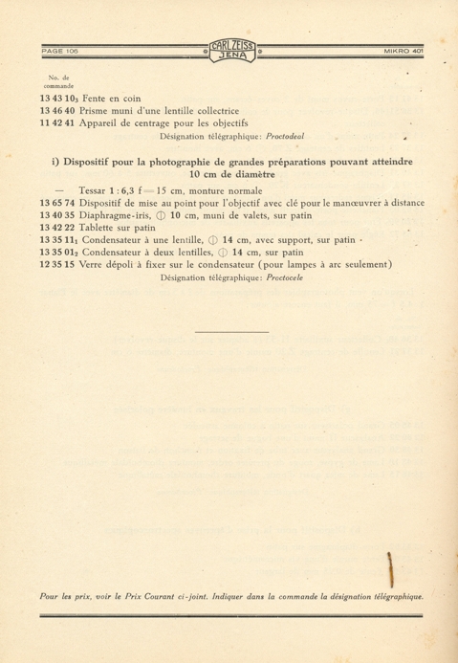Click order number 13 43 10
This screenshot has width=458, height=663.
click(60, 97)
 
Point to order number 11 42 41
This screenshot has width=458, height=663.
click(58, 123)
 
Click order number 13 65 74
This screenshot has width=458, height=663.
click(58, 204)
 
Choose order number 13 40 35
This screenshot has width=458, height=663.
click(58, 217)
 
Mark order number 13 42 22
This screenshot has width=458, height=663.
click(58, 231)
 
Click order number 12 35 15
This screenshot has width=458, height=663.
click(58, 264)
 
